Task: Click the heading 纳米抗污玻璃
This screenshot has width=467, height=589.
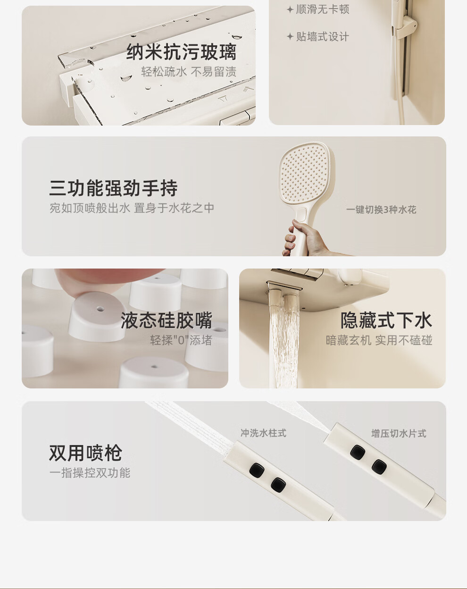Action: point(182,52)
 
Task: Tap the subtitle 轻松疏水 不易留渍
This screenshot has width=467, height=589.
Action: point(189,72)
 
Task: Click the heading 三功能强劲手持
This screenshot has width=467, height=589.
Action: point(114,188)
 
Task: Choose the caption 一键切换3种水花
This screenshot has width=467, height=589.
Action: point(381,210)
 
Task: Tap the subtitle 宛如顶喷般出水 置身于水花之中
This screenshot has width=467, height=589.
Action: point(132,208)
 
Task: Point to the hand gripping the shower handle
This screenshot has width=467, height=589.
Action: point(304,239)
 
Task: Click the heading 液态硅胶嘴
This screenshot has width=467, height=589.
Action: point(167,320)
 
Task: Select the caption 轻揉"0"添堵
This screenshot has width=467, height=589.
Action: point(181,340)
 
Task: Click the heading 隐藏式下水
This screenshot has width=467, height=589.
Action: point(386,320)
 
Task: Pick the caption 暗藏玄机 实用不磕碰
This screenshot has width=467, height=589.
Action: point(379,340)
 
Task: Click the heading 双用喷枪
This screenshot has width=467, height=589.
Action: point(85,453)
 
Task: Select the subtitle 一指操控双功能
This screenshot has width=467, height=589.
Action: point(90,473)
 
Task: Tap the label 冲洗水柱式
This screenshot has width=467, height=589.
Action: point(264,433)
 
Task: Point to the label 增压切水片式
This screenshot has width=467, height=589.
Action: point(399,434)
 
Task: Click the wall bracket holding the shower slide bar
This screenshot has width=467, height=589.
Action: point(406,27)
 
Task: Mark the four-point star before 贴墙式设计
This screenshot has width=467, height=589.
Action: point(290,36)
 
